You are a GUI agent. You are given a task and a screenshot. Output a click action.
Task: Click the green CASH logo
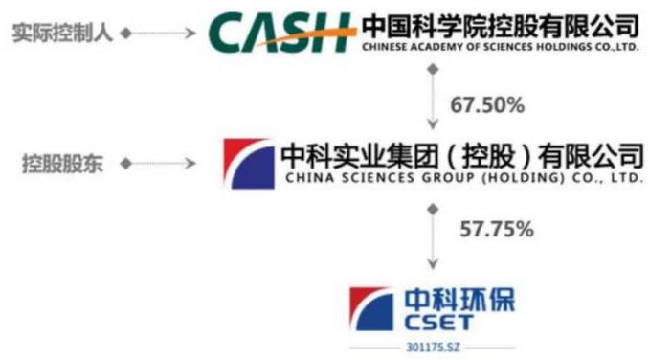[281, 33]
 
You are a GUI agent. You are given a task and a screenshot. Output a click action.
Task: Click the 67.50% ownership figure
[487, 105]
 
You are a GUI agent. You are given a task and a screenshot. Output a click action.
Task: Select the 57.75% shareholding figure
[497, 229]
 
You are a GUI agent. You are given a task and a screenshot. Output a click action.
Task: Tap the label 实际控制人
[62, 33]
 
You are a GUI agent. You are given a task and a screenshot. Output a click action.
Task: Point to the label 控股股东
[62, 164]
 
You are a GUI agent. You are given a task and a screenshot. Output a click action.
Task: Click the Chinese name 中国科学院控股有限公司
[501, 27]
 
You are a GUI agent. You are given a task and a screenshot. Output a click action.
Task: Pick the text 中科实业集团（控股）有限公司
[462, 156]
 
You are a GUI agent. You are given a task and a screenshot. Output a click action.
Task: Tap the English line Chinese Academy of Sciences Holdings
[501, 47]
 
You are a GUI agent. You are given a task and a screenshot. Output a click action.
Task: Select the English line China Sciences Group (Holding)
[464, 178]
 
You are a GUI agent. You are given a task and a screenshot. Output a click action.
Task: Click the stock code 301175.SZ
[433, 348]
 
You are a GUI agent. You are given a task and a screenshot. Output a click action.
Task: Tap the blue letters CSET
[438, 323]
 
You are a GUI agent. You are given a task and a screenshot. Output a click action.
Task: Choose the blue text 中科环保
[459, 300]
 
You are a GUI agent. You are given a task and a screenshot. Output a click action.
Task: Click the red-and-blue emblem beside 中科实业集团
[249, 164]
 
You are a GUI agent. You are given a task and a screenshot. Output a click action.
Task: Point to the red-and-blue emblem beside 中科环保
[371, 309]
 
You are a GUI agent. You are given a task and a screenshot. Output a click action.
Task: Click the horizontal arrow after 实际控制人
[158, 33]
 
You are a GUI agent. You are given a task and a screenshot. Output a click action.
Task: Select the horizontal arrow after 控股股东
[158, 164]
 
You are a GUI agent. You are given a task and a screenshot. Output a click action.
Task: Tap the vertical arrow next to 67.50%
[433, 97]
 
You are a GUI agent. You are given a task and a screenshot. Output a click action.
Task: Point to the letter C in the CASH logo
[226, 33]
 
